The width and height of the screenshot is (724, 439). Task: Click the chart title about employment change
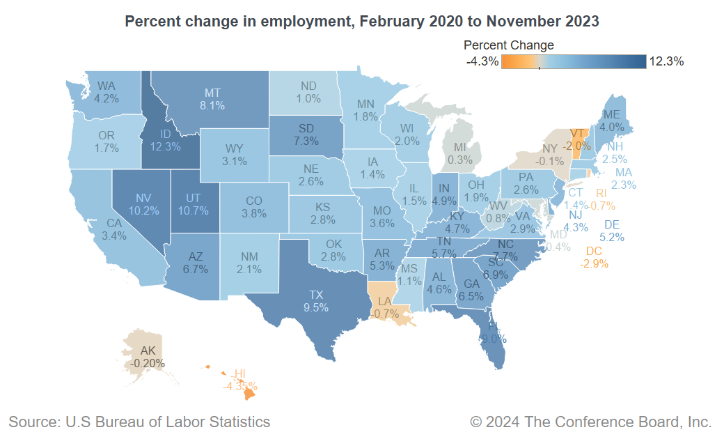point(361,22)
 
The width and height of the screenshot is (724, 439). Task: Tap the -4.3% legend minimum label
point(482,61)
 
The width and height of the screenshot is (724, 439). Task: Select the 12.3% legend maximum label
point(666,61)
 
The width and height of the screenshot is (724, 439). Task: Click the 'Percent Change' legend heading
point(508,45)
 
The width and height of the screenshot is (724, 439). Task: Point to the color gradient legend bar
point(574,61)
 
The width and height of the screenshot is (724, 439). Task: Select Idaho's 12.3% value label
point(166,146)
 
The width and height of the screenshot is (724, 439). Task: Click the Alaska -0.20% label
point(148,357)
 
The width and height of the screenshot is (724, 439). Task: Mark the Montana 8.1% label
point(212,99)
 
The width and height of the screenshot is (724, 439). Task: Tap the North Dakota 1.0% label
point(308,93)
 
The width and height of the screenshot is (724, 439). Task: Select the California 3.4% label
point(114,229)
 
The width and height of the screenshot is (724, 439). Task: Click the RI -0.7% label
point(602,199)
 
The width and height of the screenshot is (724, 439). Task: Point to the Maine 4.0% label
point(611,121)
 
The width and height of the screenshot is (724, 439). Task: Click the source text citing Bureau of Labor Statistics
point(139,422)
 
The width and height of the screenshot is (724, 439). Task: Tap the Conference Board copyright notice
point(590,422)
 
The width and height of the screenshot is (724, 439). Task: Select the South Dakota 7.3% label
point(306,134)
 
